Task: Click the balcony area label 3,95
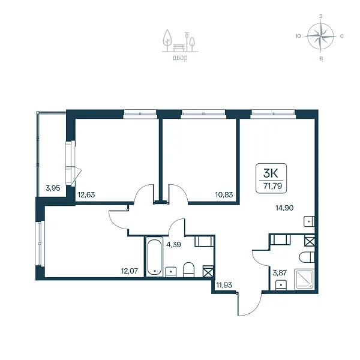tap(53, 188)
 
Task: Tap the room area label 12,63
tap(86, 195)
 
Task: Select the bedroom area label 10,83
tap(224, 195)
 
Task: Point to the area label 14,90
tap(284, 208)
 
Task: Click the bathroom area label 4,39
tap(173, 245)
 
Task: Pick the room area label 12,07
tap(130, 271)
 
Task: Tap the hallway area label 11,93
tap(224, 285)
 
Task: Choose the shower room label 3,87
tap(280, 273)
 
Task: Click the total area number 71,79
tap(272, 186)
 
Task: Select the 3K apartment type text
tap(271, 173)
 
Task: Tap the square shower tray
tap(304, 279)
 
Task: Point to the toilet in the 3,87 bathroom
tap(307, 257)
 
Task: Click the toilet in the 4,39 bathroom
tap(189, 269)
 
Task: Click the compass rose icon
tap(320, 36)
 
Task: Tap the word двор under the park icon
tap(180, 58)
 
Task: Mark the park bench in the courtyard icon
tap(180, 48)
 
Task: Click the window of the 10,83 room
tap(203, 114)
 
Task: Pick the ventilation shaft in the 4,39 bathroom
tap(208, 271)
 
